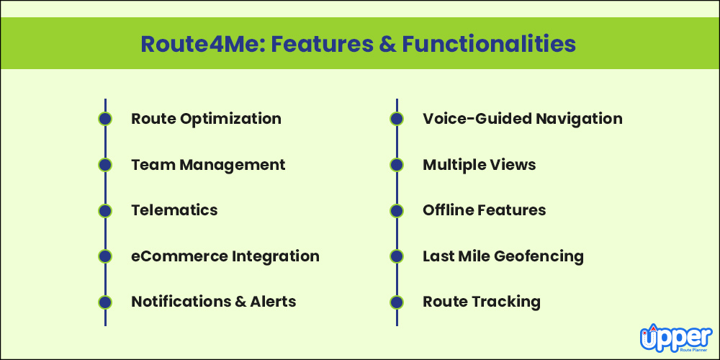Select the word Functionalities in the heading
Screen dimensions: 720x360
point(489,45)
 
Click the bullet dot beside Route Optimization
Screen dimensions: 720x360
point(105,119)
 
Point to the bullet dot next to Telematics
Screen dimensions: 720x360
point(105,210)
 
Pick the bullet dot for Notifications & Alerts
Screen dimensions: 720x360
point(105,302)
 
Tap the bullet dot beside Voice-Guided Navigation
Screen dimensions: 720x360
point(397,119)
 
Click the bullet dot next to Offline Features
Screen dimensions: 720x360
point(397,210)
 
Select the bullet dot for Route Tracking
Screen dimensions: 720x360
point(397,302)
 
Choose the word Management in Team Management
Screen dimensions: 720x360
point(232,165)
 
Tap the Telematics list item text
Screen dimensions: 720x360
point(174,210)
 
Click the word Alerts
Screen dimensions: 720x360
point(273,302)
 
